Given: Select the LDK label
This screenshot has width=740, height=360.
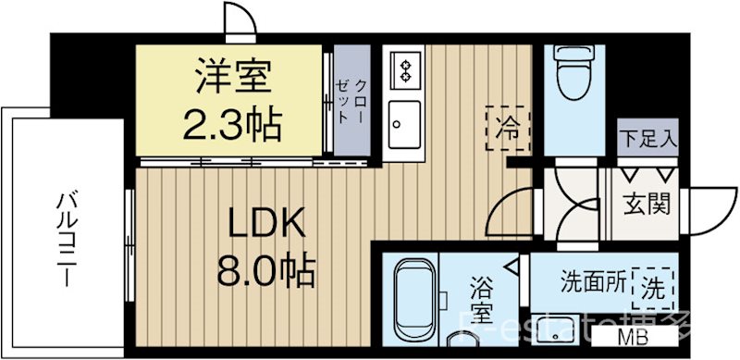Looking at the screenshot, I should point(260,224).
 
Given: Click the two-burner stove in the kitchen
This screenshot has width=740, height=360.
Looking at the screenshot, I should point(403,68).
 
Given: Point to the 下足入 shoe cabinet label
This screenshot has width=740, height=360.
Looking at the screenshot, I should point(648,142).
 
